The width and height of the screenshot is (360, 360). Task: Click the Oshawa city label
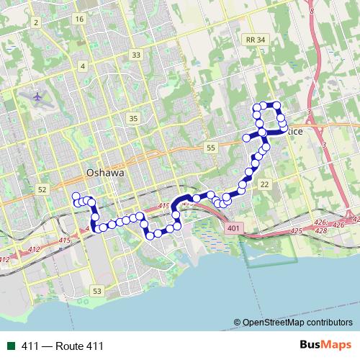click(x=105, y=173)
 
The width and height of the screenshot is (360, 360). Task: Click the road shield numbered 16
click(x=78, y=19)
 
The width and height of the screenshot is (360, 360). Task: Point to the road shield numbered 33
click(x=136, y=55)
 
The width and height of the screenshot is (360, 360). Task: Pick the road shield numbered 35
click(x=132, y=118)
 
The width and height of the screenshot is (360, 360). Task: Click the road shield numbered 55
click(x=210, y=147)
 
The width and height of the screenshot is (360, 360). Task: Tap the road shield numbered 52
click(x=42, y=189)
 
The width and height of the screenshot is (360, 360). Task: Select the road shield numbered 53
click(x=97, y=290)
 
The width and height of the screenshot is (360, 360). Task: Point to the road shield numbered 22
click(x=265, y=185)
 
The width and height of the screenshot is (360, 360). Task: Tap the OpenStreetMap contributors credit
click(x=295, y=323)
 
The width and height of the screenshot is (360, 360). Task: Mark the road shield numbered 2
click(x=35, y=22)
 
